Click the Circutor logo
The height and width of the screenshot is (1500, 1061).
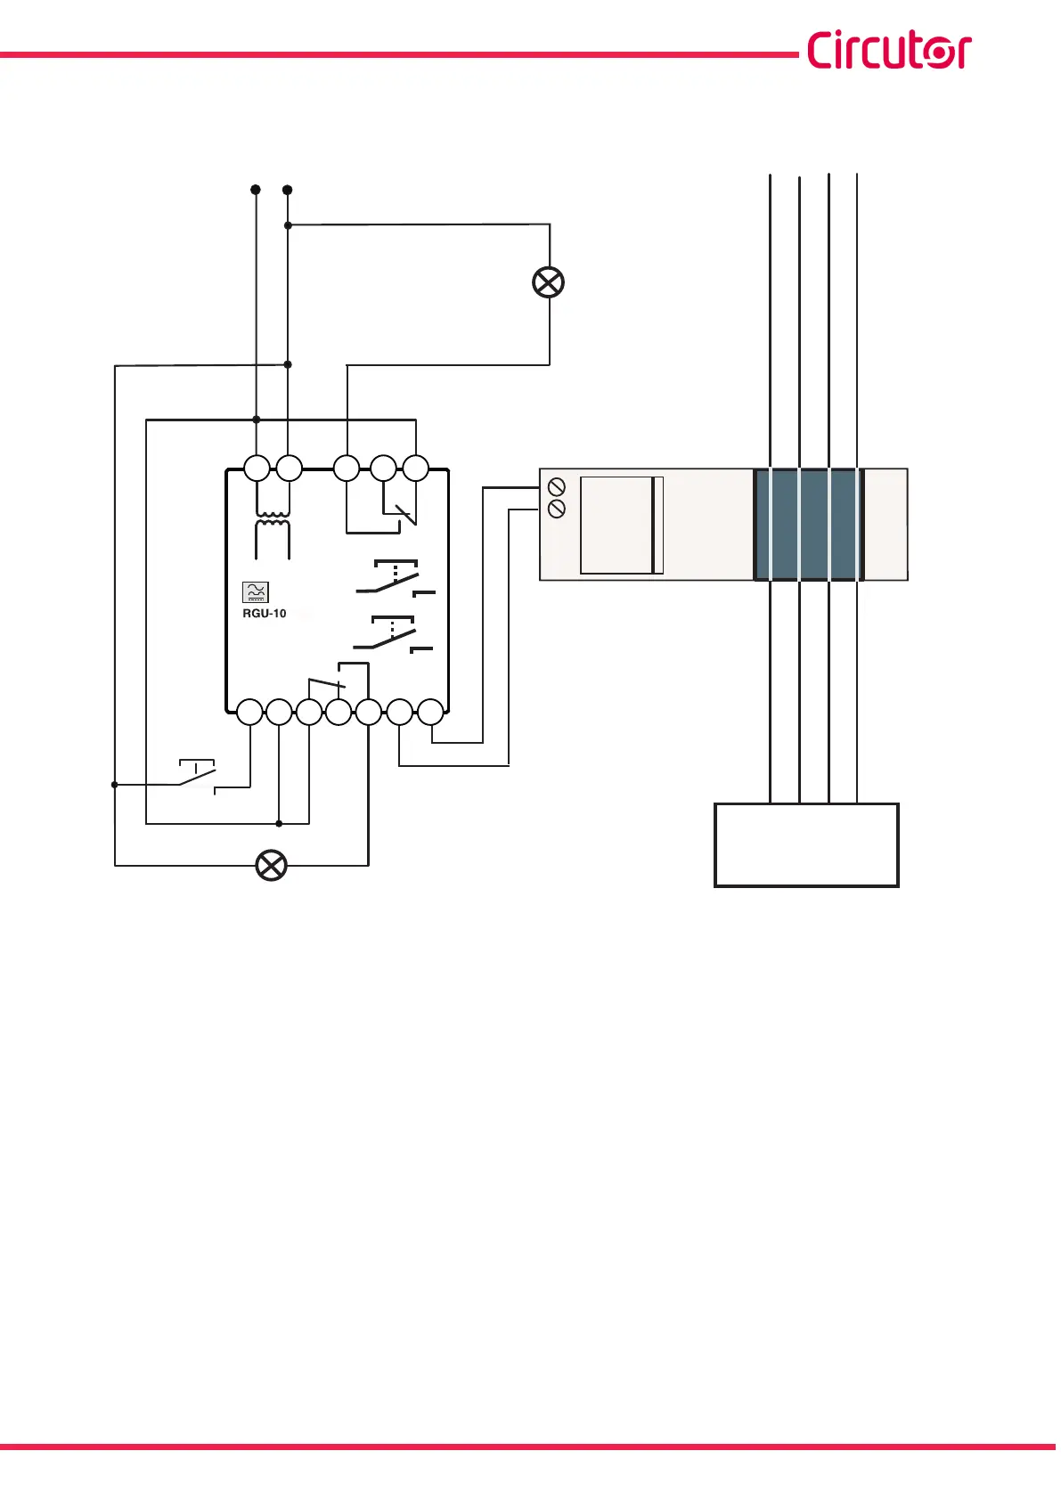[x=888, y=51]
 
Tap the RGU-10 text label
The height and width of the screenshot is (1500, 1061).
[x=265, y=614]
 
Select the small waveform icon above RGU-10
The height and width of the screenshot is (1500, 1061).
[x=256, y=592]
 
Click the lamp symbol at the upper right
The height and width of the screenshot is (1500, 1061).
[x=548, y=282]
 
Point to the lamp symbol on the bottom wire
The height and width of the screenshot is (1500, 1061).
[x=271, y=865]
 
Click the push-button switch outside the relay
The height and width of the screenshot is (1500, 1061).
[x=198, y=776]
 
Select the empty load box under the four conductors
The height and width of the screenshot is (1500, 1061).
[x=806, y=844]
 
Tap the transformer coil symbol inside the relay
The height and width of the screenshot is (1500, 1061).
[x=273, y=526]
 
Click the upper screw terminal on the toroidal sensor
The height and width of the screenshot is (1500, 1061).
[x=557, y=487]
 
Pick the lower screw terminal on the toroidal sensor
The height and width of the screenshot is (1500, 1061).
[x=557, y=509]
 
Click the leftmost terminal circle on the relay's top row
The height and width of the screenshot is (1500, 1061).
[x=257, y=468]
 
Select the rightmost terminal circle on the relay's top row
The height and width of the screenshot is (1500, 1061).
[x=416, y=468]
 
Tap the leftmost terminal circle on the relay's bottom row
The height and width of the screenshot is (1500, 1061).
[x=250, y=712]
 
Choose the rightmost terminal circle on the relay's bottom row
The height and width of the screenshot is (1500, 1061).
[x=431, y=712]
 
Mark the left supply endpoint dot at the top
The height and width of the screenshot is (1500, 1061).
[x=256, y=190]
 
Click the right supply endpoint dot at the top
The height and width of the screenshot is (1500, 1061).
[x=287, y=190]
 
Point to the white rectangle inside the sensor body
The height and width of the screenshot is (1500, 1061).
[x=621, y=526]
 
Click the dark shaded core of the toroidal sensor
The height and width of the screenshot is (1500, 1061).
[x=809, y=525]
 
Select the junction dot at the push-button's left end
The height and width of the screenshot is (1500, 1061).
[x=114, y=785]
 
